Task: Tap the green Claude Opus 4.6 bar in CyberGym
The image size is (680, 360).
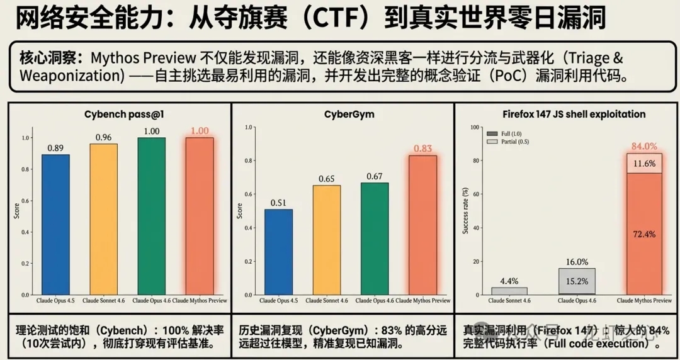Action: point(375,239)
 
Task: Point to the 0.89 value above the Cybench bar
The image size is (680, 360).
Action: point(55,148)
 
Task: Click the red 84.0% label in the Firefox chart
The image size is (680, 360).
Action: point(643,147)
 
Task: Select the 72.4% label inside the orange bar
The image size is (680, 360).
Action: point(643,234)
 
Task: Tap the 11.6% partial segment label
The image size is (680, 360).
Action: point(643,163)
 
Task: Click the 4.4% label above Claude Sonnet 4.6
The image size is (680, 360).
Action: point(509,281)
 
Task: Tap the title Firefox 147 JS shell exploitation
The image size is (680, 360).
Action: point(574,114)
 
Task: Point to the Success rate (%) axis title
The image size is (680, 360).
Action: point(465,211)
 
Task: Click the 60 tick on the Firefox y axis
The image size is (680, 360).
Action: point(477,194)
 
